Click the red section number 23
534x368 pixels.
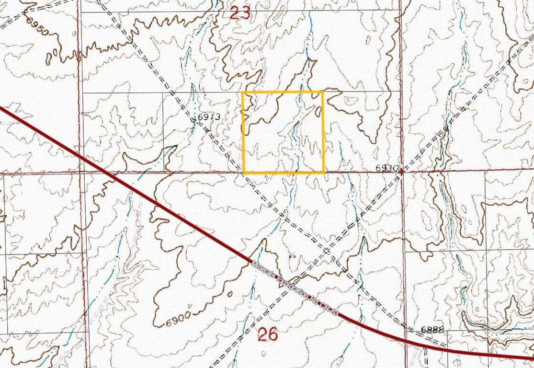coord(240,12)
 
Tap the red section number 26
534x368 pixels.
coord(267,334)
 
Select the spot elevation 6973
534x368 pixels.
coord(208,116)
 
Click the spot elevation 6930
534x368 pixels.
coord(387,168)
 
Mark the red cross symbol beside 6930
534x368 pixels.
coord(401,171)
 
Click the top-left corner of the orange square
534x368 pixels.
coord(244,92)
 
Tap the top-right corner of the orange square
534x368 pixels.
coord(323,92)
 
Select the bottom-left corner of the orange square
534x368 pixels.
coord(244,172)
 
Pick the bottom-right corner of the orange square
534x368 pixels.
coord(324,172)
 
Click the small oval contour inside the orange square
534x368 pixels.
coord(318,111)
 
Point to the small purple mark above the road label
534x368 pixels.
coord(292,256)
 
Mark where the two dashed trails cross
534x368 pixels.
coord(327,250)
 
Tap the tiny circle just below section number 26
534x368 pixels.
coord(263,353)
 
